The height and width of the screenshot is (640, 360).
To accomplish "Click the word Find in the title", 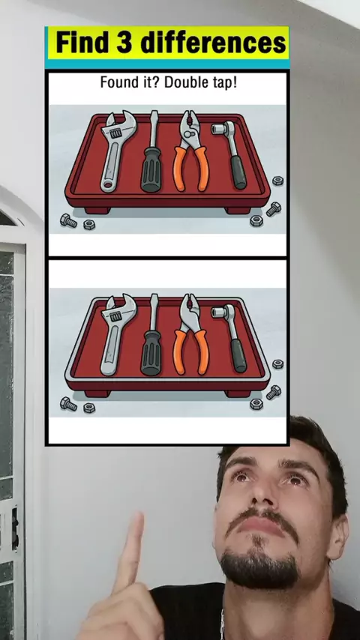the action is [x=83, y=43].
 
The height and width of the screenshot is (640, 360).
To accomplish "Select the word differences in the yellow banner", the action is [x=212, y=43].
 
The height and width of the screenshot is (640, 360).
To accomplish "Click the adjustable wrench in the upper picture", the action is [x=116, y=151].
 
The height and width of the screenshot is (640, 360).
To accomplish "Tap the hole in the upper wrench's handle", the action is [x=108, y=185].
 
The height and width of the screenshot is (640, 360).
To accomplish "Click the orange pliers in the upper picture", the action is [x=190, y=151].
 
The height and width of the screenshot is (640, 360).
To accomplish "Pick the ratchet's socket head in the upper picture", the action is [x=221, y=129].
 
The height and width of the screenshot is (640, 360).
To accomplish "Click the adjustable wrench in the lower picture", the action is [x=116, y=335].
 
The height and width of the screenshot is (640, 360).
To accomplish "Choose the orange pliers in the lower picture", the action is [x=190, y=334].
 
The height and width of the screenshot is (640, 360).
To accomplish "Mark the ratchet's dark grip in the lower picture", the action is [x=239, y=355].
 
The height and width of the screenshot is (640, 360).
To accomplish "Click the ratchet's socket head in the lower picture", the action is [x=221, y=313].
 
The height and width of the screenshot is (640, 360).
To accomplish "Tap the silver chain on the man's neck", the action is [x=223, y=624].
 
